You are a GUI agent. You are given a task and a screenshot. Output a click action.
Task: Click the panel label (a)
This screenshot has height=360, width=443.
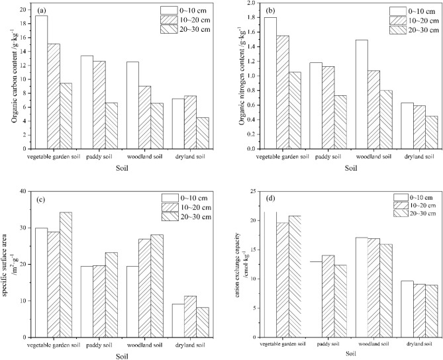[x=41, y=11]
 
